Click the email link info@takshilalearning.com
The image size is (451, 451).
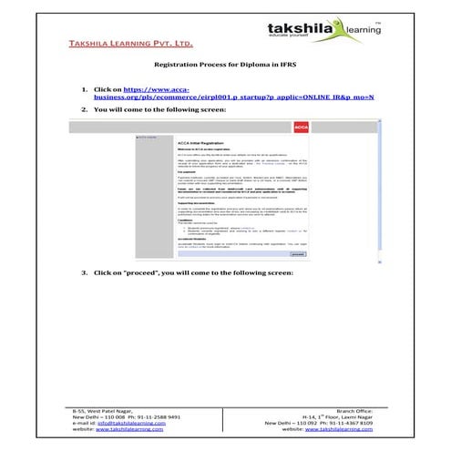(128, 424)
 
